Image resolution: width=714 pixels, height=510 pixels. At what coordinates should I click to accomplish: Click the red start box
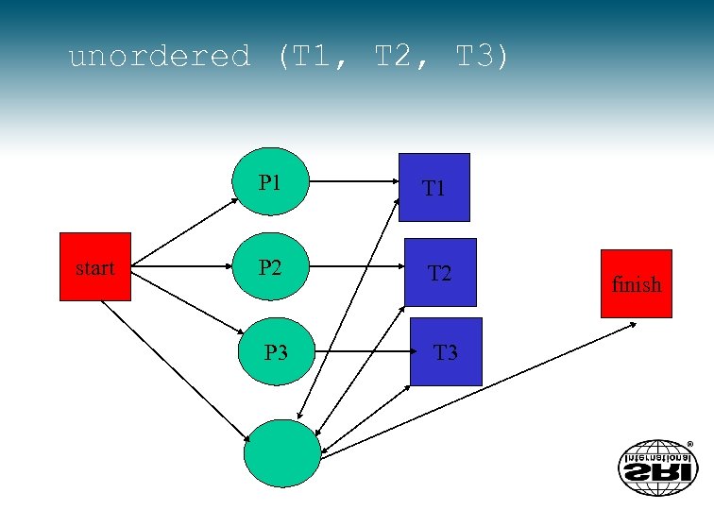(x=94, y=267)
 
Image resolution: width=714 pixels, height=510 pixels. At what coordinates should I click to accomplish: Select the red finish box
(x=636, y=283)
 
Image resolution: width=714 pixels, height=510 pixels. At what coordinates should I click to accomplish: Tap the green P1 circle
(x=271, y=182)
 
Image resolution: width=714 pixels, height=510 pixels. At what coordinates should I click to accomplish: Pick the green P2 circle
(x=271, y=267)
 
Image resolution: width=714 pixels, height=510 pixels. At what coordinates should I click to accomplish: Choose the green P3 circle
(x=276, y=352)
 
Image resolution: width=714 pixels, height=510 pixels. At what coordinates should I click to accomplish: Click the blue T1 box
(x=433, y=187)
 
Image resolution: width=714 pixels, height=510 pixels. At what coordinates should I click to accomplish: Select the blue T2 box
(x=439, y=273)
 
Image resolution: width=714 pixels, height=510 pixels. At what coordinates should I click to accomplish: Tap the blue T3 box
(x=445, y=352)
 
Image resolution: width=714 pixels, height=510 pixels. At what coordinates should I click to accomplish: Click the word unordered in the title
(x=160, y=57)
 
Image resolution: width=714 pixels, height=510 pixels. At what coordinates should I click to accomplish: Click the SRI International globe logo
(x=656, y=467)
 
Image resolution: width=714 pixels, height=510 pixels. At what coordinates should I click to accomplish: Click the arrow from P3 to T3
(x=362, y=352)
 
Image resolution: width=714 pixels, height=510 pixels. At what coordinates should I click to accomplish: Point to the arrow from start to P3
(x=185, y=304)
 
